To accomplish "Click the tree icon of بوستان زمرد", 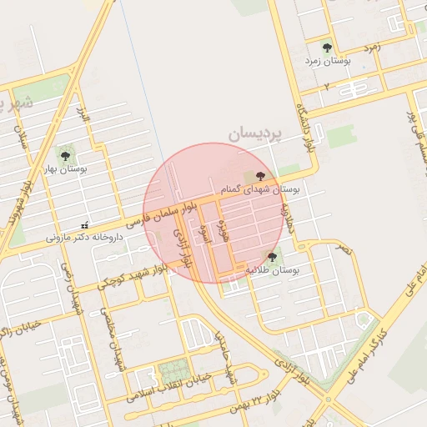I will tap(326, 48).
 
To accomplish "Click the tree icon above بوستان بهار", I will tap(64, 154).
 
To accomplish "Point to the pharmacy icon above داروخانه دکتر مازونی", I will tap(83, 225).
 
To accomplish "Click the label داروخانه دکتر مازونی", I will tap(84, 238).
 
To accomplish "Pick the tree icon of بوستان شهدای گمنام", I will tap(260, 176).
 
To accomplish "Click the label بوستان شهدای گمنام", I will tap(261, 190).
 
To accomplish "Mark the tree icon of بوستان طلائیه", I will tap(272, 256).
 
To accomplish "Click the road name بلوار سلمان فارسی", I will tap(161, 212).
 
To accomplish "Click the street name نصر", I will tap(344, 249).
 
